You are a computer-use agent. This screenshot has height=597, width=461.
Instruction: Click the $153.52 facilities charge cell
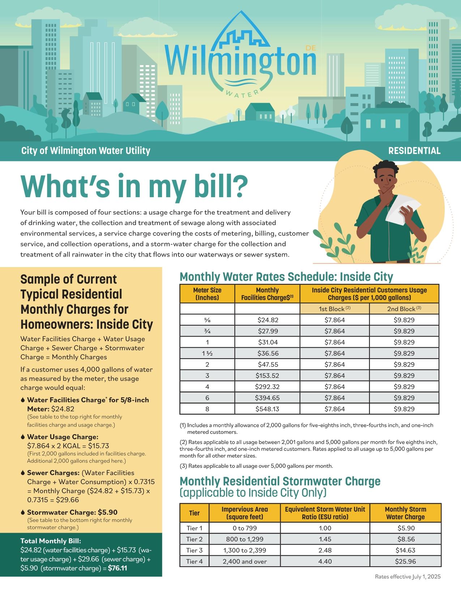click(x=267, y=376)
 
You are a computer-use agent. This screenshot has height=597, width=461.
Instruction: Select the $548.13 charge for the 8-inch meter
click(x=267, y=409)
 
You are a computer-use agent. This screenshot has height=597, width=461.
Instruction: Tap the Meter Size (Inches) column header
click(x=207, y=294)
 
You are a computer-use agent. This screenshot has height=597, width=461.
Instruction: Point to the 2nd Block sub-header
click(x=404, y=309)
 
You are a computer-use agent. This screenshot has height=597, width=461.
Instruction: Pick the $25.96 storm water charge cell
click(x=406, y=562)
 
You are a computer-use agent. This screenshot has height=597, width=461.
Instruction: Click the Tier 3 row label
click(x=195, y=550)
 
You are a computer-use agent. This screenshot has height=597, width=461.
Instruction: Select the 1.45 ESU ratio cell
click(x=325, y=539)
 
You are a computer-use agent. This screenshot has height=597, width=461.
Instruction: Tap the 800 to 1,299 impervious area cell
click(x=245, y=539)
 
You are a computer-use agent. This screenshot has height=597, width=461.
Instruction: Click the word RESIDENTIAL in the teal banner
click(x=414, y=151)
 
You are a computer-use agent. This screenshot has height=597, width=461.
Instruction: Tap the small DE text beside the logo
click(x=311, y=48)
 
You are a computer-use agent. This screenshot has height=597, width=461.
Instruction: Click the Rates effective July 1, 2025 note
click(x=408, y=577)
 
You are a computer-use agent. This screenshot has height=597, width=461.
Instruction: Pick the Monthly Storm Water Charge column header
click(x=405, y=513)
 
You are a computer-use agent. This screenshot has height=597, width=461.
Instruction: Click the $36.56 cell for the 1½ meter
click(x=267, y=353)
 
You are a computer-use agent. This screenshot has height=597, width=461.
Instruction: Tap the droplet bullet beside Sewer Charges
click(x=23, y=473)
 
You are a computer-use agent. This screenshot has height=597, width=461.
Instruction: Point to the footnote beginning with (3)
click(x=256, y=466)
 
